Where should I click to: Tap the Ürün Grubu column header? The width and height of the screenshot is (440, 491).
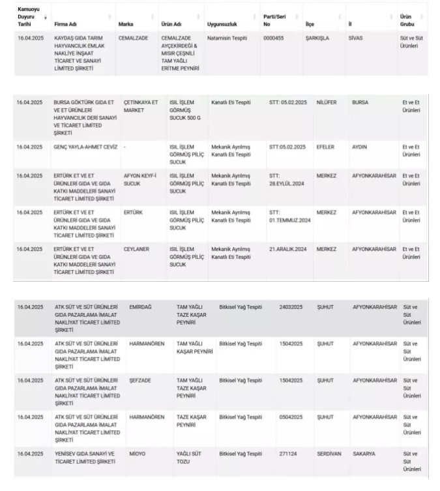(406, 20)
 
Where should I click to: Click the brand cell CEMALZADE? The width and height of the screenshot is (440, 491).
(134, 38)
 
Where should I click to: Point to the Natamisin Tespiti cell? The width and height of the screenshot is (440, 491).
(227, 38)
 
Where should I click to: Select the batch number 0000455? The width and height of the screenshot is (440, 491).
(273, 38)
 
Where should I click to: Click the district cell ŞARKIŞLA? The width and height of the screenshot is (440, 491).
(317, 38)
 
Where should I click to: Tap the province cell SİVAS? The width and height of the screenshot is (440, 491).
(357, 38)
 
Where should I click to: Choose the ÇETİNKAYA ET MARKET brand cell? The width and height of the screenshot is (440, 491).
(141, 106)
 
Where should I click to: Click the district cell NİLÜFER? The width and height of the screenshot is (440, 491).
(327, 102)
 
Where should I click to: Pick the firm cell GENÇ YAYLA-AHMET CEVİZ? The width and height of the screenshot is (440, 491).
(85, 147)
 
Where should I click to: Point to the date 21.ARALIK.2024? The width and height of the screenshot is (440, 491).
(287, 249)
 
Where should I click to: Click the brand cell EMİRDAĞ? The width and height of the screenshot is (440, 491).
(141, 306)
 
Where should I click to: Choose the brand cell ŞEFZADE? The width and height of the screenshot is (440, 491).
(141, 379)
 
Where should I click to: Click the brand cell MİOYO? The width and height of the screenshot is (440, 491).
(137, 453)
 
